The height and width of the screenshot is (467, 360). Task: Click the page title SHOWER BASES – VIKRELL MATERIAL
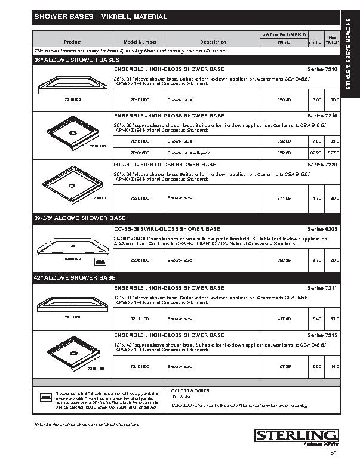click(x=100, y=17)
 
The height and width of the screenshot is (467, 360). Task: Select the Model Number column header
click(x=140, y=42)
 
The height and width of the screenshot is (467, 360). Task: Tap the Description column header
click(x=213, y=42)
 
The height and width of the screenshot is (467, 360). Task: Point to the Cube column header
click(x=315, y=42)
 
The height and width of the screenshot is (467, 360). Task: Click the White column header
click(x=284, y=42)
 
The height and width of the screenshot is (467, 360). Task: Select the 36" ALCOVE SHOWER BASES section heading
click(x=77, y=60)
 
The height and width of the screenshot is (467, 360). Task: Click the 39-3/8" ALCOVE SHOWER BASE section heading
click(x=79, y=218)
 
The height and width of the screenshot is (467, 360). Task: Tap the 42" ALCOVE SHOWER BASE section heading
click(x=75, y=278)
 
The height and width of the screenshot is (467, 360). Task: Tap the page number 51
click(x=333, y=454)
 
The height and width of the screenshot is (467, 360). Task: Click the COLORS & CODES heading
click(x=190, y=391)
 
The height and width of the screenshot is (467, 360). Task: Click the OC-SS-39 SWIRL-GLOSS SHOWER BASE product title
click(x=167, y=228)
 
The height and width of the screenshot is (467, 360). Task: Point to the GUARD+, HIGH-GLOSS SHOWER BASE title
click(x=165, y=164)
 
